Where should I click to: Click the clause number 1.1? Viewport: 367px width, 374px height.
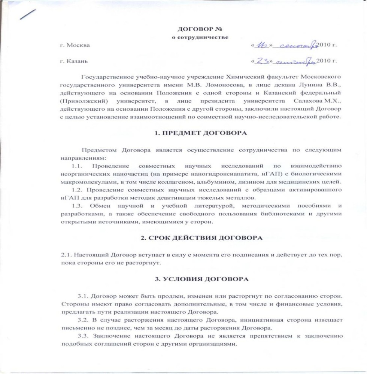(x=77, y=165)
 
